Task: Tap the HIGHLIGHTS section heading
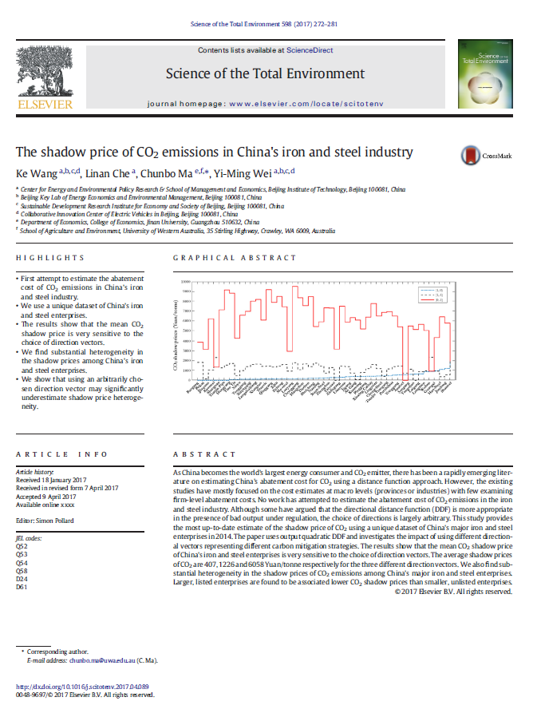[50, 258]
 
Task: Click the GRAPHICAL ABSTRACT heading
[235, 258]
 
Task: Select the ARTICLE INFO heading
[61, 454]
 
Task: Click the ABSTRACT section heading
[201, 454]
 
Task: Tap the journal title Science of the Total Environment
[265, 74]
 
